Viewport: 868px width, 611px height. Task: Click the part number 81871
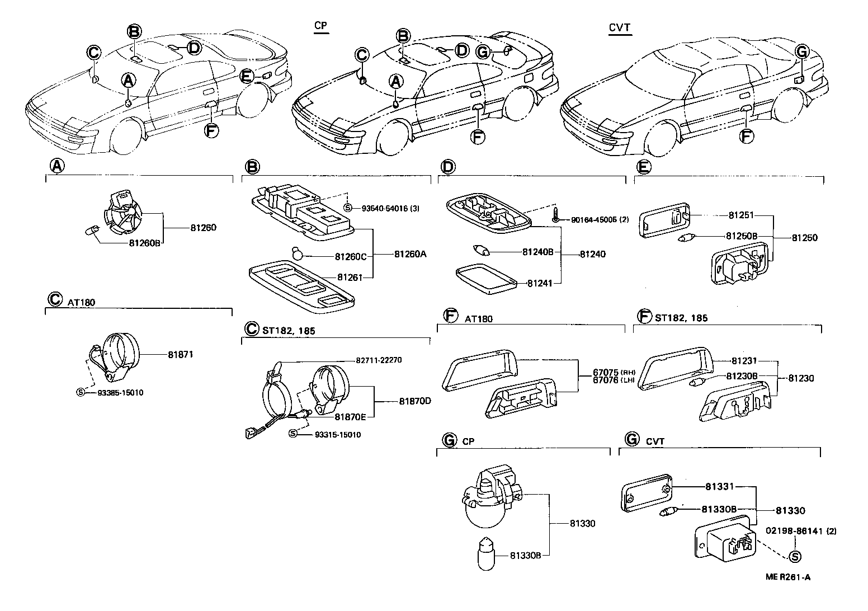click(x=180, y=355)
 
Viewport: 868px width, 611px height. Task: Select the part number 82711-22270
click(x=379, y=360)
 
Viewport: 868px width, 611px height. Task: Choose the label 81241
click(x=540, y=283)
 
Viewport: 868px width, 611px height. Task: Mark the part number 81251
click(x=741, y=215)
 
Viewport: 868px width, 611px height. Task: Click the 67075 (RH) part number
click(x=605, y=372)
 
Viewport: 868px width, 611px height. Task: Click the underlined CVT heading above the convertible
click(x=620, y=27)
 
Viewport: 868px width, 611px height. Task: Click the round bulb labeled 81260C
click(x=298, y=255)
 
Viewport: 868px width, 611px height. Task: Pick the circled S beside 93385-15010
click(x=81, y=392)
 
